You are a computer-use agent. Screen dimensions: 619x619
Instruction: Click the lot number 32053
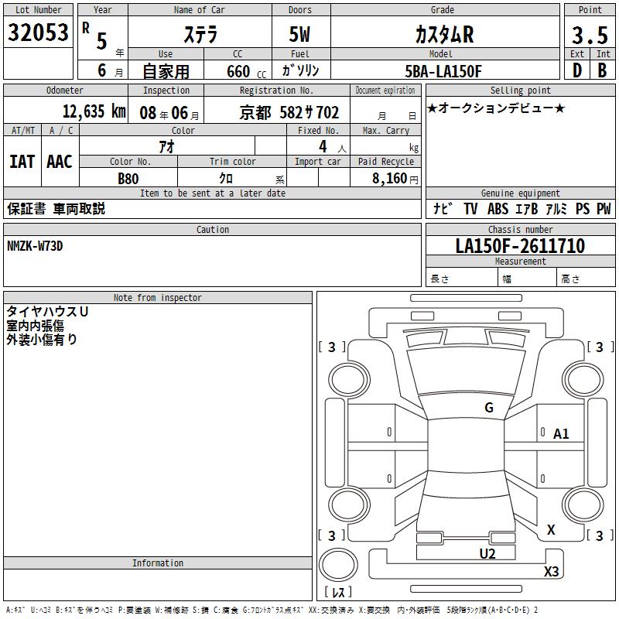point(38,32)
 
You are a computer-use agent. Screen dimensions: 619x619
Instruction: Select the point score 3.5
point(590,35)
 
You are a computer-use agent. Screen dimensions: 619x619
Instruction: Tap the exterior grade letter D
point(577,70)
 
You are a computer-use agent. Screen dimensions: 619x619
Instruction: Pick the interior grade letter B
point(602,70)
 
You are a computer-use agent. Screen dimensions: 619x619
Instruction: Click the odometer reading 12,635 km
point(94,111)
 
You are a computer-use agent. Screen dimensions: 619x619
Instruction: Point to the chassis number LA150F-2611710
point(520,246)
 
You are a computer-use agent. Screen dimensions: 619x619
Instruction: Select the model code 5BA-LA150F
point(443,71)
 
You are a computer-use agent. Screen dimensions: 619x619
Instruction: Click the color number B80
point(128,179)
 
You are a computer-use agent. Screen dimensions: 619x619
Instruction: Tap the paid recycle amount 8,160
point(389,179)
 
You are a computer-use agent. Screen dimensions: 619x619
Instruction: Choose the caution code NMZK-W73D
point(35,246)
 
